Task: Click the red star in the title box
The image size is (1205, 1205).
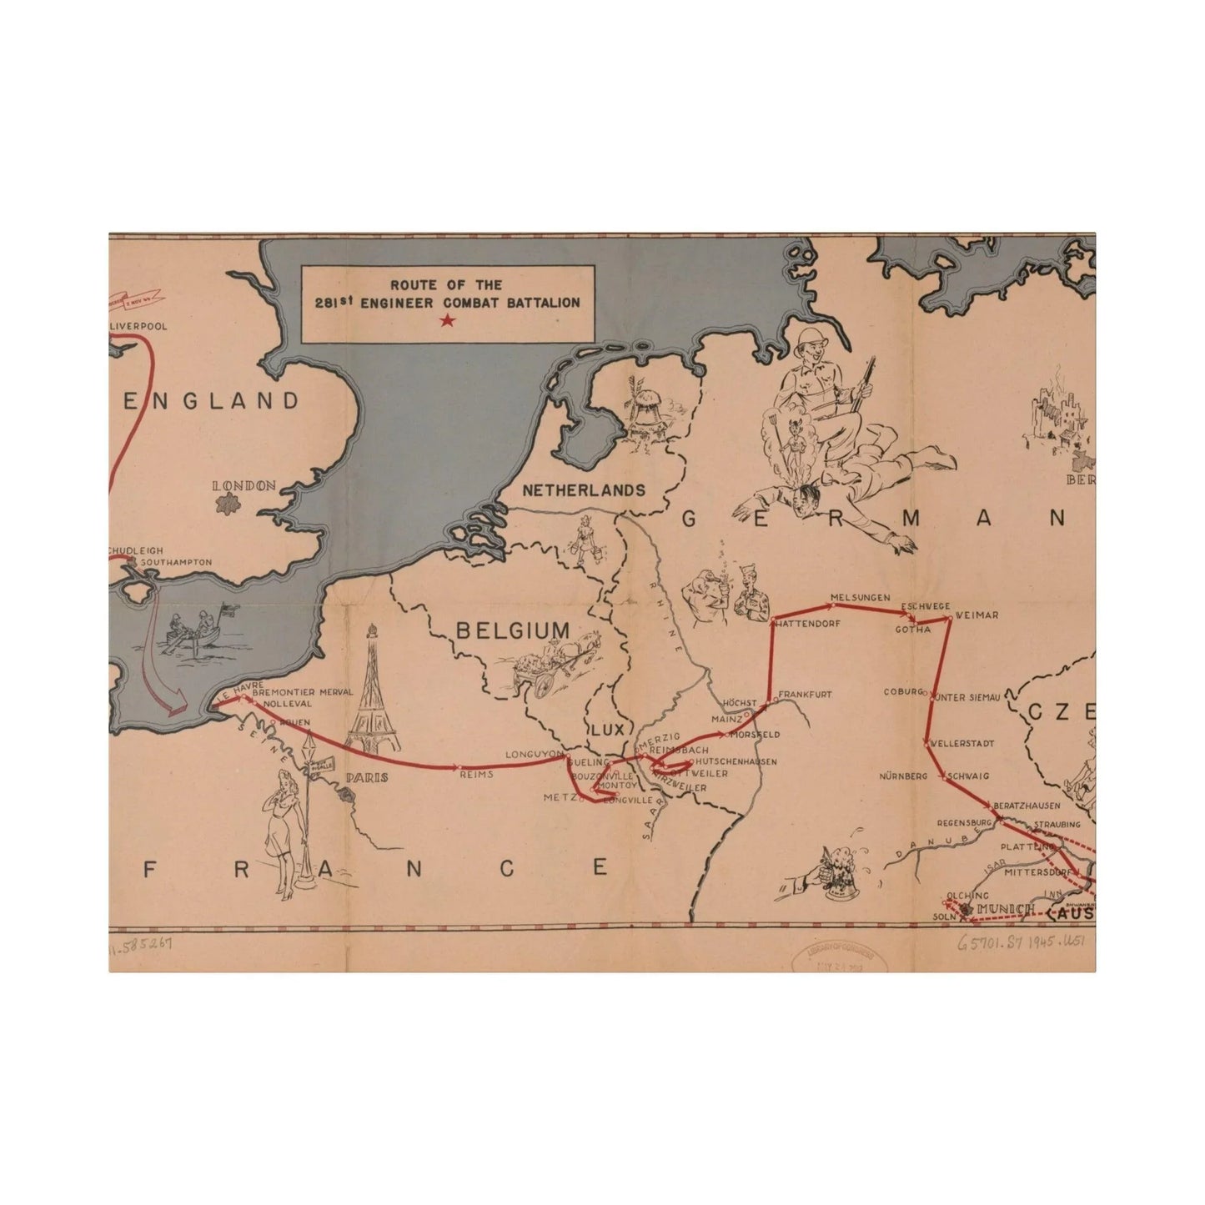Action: [448, 320]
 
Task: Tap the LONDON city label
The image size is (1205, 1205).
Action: [244, 485]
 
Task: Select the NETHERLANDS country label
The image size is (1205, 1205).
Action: [584, 490]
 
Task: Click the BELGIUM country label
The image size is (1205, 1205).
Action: [513, 630]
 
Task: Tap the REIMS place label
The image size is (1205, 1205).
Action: [477, 774]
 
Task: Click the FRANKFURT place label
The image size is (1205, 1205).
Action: [805, 694]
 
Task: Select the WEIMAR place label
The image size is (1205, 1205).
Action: [977, 615]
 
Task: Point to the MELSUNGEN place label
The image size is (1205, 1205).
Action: [861, 598]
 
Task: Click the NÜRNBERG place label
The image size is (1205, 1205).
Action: [903, 776]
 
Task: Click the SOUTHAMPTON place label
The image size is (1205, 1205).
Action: [176, 562]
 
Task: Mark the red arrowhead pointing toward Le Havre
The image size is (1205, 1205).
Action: [176, 710]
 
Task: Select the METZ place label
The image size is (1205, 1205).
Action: [555, 797]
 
